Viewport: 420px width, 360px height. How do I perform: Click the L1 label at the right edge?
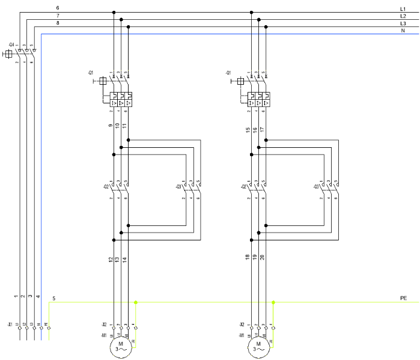tap(403, 9)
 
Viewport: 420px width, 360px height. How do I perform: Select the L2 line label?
tap(403, 16)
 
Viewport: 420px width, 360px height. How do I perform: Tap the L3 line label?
tap(403, 23)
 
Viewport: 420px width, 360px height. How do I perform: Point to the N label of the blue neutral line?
tap(403, 31)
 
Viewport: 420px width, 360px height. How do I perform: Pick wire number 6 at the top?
tap(58, 8)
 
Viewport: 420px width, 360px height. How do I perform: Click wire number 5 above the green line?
tap(54, 298)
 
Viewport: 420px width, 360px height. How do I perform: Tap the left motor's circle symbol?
tap(120, 347)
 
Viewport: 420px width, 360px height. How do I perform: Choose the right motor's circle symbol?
tap(258, 347)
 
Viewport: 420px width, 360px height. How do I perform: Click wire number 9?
tap(111, 126)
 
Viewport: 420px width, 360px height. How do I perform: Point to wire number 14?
tap(125, 259)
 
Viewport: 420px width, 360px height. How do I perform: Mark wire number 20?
tap(263, 257)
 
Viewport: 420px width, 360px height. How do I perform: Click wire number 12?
tap(111, 259)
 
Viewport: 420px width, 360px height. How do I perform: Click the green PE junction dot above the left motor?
tap(136, 302)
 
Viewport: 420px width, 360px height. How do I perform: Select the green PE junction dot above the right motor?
tap(273, 302)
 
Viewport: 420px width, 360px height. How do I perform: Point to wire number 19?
tap(255, 257)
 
